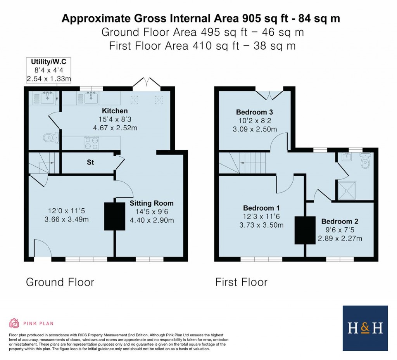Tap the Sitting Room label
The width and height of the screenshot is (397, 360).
(x=152, y=203)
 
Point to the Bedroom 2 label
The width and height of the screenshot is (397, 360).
(x=340, y=222)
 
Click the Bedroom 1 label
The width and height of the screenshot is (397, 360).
(x=262, y=208)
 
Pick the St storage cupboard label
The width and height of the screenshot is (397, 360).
(x=90, y=163)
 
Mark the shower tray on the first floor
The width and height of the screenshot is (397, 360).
(x=348, y=189)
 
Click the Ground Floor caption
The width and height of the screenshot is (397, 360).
(x=60, y=282)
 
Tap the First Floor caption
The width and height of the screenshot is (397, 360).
(x=241, y=282)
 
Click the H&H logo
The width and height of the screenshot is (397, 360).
(x=365, y=328)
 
